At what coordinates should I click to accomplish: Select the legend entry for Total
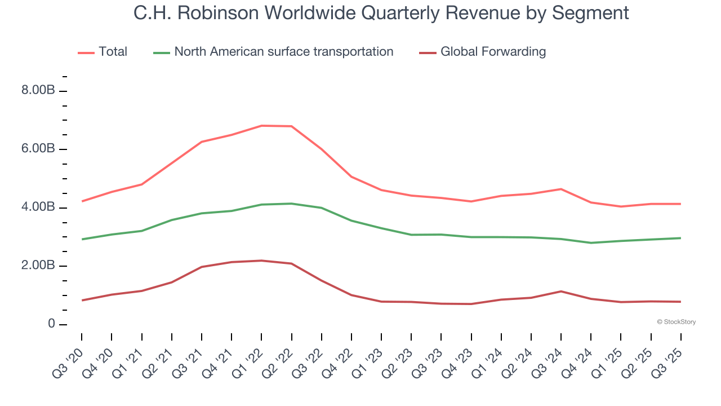click(x=113, y=52)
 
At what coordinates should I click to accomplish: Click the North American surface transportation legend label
click(x=283, y=52)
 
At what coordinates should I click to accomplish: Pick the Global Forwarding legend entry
click(x=493, y=52)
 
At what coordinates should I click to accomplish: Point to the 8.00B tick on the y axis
click(x=38, y=91)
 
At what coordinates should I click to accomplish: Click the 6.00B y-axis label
click(x=38, y=149)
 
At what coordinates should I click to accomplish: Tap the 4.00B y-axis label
click(x=38, y=208)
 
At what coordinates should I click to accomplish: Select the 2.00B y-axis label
click(x=38, y=266)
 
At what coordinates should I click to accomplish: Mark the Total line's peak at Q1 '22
click(x=261, y=126)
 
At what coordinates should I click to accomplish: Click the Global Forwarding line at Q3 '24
click(x=561, y=291)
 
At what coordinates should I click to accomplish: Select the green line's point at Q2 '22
click(x=291, y=204)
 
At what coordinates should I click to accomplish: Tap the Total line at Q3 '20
click(x=82, y=201)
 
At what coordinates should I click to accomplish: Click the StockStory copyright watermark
click(x=676, y=322)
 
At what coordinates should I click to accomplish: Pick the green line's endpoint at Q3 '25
click(x=681, y=238)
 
